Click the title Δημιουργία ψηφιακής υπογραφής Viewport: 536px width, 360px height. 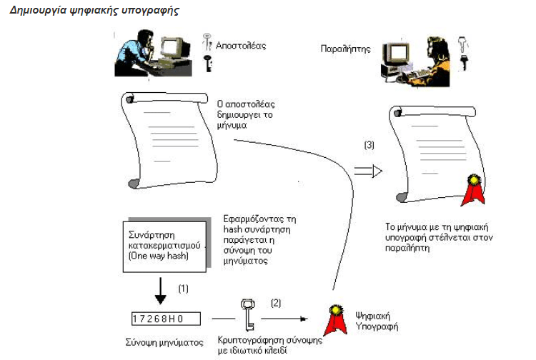(94, 11)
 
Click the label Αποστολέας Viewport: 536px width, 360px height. (242, 45)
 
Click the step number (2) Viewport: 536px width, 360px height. (275, 302)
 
